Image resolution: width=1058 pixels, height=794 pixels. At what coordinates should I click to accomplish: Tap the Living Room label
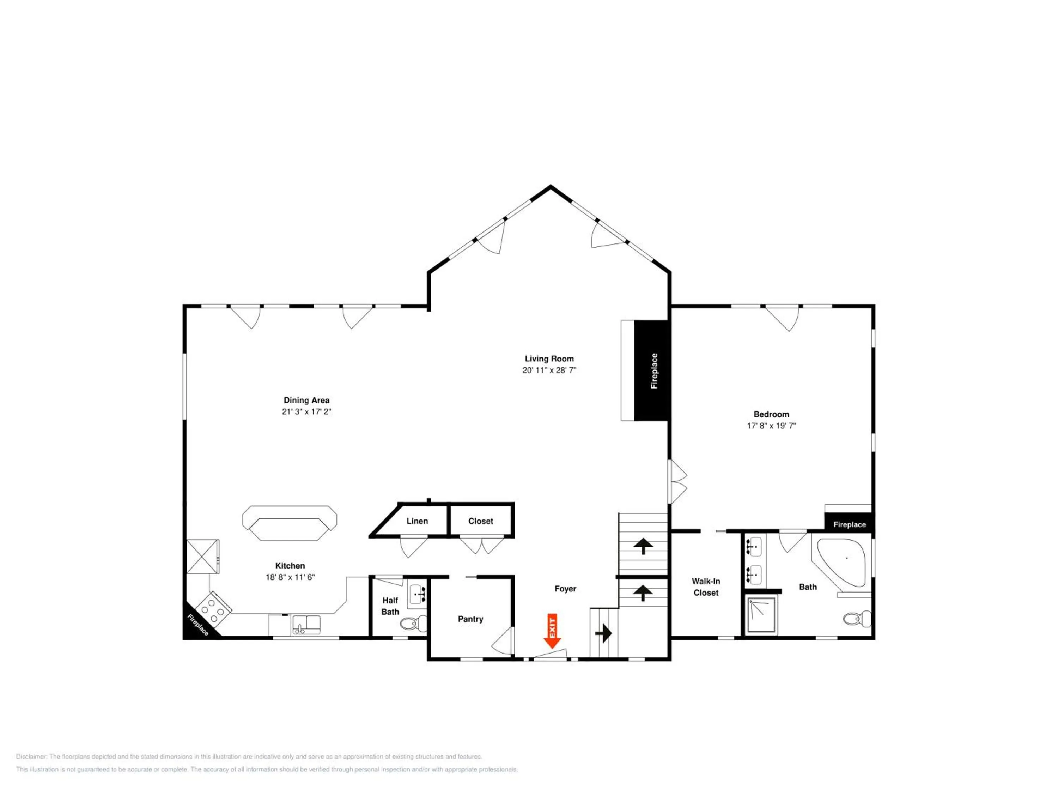549,359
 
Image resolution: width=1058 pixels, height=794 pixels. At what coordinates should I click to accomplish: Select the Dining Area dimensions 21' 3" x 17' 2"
306,411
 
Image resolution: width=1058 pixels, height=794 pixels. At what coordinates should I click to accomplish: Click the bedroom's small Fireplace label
850,524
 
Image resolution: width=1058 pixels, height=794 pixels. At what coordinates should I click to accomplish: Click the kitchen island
290,523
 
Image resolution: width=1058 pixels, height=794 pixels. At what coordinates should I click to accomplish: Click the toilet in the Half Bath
413,622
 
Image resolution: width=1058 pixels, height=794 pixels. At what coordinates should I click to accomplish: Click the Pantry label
471,619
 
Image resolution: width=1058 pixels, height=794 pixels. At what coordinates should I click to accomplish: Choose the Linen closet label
417,521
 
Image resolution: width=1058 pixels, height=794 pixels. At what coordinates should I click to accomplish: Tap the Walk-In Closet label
706,587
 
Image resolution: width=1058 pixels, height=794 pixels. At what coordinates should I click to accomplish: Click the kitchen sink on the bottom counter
306,625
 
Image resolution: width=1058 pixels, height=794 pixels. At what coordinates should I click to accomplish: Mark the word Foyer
565,589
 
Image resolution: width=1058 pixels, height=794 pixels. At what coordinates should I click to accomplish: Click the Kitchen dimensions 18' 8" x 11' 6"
290,577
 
